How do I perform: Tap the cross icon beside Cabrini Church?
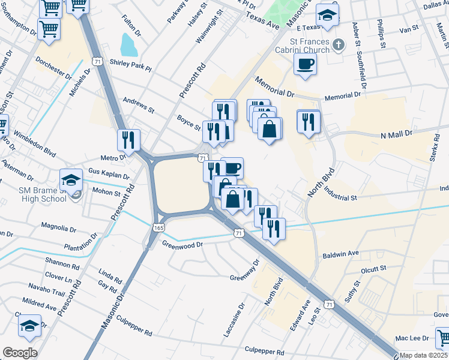pyautogui.click(x=339, y=45)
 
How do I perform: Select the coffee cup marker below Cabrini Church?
pyautogui.click(x=306, y=65)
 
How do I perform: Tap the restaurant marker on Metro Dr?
pyautogui.click(x=128, y=140)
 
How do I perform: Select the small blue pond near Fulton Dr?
pyautogui.click(x=128, y=44)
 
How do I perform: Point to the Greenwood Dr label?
pyautogui.click(x=182, y=245)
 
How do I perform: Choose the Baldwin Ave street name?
pyautogui.click(x=340, y=253)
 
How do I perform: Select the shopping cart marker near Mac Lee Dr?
pyautogui.click(x=443, y=338)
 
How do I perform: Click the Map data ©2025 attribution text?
pyautogui.click(x=424, y=355)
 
